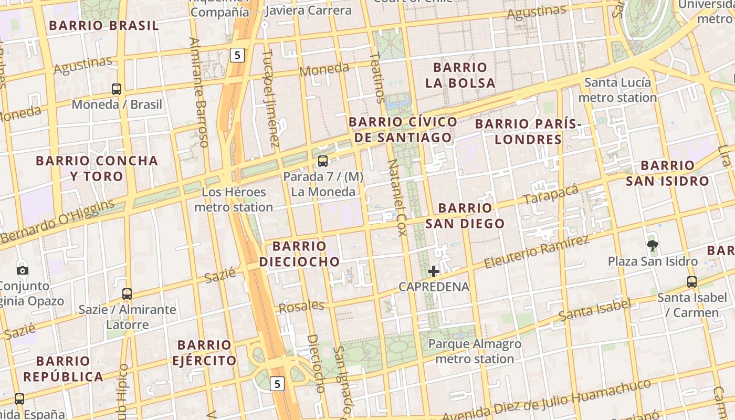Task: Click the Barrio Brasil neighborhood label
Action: pos(103,25)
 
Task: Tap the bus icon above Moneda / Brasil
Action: pos(117,89)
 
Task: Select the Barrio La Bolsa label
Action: pos(460,75)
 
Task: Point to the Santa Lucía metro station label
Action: pos(617,90)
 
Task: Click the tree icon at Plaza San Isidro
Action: pos(653,245)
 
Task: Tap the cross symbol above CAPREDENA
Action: pos(434,271)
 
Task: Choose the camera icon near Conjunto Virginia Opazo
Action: pos(23,270)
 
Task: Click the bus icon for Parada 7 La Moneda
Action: pos(323,161)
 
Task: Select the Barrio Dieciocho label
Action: pos(299,254)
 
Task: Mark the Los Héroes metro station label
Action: pos(234,199)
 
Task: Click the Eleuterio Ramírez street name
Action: pos(536,252)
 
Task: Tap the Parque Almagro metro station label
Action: pos(475,351)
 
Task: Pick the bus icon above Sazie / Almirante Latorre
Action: pos(127,294)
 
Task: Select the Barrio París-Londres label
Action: pos(528,131)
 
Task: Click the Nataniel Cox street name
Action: pos(397,197)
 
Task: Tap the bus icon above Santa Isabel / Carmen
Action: pos(692,282)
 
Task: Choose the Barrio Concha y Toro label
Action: pos(97,168)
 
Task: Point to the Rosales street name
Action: pos(301,307)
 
